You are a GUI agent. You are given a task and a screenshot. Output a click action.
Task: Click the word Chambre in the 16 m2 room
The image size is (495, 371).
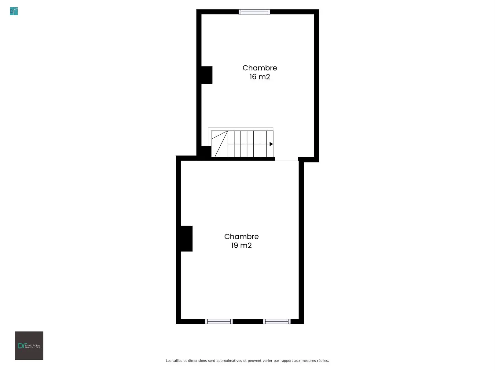tap(259, 68)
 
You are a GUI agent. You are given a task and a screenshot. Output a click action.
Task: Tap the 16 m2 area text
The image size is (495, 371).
tap(259, 77)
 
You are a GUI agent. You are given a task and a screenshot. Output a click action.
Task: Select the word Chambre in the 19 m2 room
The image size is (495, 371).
tap(241, 237)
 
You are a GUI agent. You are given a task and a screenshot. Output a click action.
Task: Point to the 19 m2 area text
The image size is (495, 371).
tap(241, 246)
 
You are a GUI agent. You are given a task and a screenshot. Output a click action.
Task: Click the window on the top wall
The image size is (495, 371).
tap(254, 12)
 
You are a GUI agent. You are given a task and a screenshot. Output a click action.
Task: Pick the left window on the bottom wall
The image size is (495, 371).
tap(219, 322)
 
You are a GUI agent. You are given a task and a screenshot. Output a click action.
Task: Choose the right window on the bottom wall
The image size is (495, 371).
tap(277, 322)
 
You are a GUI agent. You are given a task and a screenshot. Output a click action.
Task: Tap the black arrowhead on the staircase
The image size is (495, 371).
tap(271, 144)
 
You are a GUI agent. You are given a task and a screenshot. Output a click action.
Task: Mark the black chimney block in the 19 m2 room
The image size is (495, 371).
tap(186, 238)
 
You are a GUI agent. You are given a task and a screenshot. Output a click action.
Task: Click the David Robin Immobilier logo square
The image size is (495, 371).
tap(29, 346)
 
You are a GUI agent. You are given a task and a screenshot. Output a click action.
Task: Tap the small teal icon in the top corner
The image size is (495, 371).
tap(14, 11)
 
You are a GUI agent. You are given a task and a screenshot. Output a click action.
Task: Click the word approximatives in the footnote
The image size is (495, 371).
tap(229, 361)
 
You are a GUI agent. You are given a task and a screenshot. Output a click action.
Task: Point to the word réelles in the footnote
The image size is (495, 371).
tap(323, 361)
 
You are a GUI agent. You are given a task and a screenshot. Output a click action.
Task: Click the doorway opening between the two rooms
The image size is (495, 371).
tap(286, 159)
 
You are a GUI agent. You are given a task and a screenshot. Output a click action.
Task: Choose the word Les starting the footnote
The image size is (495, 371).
tap(168, 361)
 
